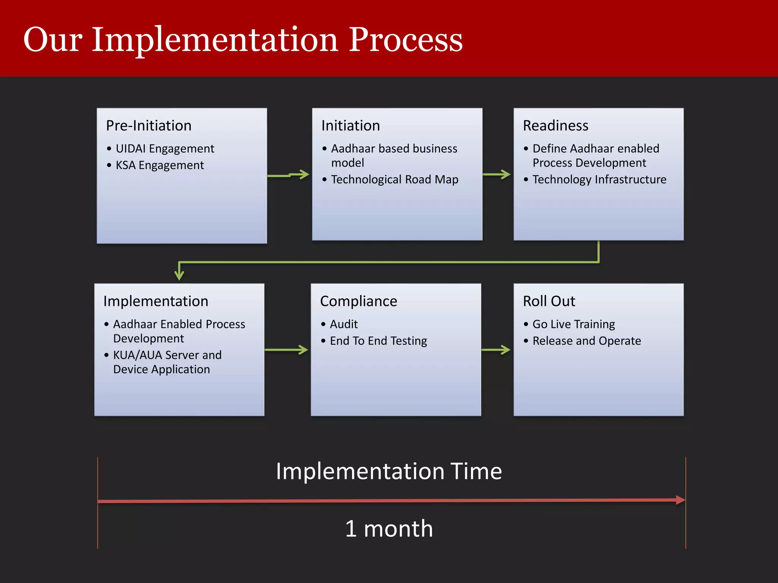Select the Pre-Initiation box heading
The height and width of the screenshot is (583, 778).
click(149, 126)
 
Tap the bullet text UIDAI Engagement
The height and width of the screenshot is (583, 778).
click(164, 148)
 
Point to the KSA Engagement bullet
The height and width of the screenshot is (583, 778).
click(160, 165)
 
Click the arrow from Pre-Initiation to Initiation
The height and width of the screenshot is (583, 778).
click(289, 175)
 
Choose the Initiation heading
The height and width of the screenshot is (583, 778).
click(350, 126)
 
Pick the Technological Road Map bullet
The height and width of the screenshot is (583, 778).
click(394, 179)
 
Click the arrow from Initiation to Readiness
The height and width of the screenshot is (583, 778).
click(497, 175)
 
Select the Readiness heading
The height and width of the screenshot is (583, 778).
click(555, 126)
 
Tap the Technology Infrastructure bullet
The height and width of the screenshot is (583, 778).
click(599, 179)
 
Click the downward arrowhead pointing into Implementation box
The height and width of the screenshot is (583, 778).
click(179, 275)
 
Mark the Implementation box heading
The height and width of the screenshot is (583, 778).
click(156, 301)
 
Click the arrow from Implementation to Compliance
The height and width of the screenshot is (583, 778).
click(286, 350)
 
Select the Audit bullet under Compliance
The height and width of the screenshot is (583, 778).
click(343, 324)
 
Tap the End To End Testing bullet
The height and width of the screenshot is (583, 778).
click(378, 341)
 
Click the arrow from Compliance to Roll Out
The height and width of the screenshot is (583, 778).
click(496, 350)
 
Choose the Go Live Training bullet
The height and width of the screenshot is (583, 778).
click(573, 324)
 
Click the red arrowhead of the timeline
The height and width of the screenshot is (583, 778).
click(680, 500)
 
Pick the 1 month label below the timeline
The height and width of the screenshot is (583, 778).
click(389, 528)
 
